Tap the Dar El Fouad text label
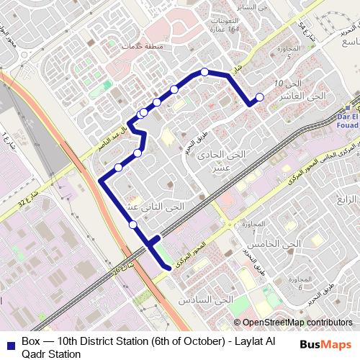click(x=347, y=120)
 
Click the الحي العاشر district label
click(x=306, y=96)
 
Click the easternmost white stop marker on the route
click(x=260, y=97)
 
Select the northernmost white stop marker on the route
click(x=204, y=71)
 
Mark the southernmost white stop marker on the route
click(x=133, y=225)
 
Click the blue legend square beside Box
click(x=9, y=341)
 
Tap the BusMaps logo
click(x=325, y=345)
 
